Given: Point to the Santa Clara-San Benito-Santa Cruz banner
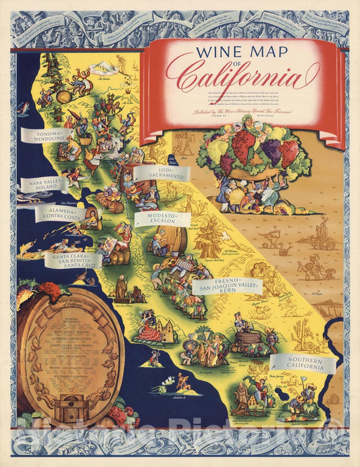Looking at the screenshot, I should (76, 261).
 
